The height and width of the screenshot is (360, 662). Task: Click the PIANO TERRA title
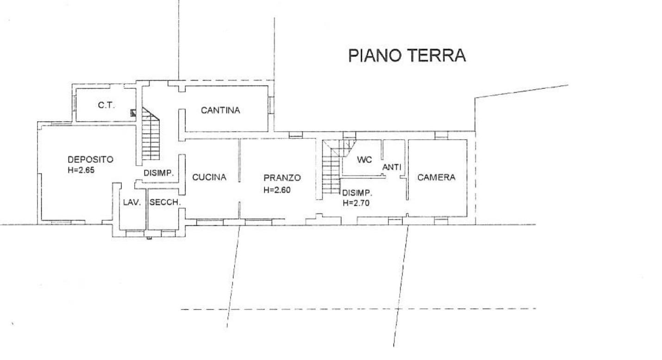pos(407,56)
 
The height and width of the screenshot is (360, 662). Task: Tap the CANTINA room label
pos(220,111)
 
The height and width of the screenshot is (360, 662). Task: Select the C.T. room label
pos(106,105)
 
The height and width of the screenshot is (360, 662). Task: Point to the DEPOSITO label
pos(90,160)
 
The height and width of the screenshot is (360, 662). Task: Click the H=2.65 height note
pos(81,170)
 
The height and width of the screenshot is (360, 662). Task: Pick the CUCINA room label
pos(209,177)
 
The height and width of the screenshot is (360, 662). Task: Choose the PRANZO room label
pos(282,178)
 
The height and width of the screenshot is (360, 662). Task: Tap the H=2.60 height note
pos(277,190)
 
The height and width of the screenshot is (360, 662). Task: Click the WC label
pos(364,160)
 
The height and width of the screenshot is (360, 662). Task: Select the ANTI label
pos(392,167)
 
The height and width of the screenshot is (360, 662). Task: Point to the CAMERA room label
pos(436,177)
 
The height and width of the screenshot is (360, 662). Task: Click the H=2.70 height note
pos(356,203)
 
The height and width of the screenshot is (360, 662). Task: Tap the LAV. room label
pos(132,202)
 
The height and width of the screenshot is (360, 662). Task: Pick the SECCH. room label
pos(165,202)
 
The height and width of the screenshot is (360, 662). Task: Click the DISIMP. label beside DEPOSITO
pos(159,173)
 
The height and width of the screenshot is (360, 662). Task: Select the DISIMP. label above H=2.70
pos(357,193)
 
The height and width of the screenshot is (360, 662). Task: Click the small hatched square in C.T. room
pos(133,113)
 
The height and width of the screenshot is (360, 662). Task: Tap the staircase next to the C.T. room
pos(150,134)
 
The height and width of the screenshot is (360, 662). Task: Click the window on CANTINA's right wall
pos(271,105)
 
